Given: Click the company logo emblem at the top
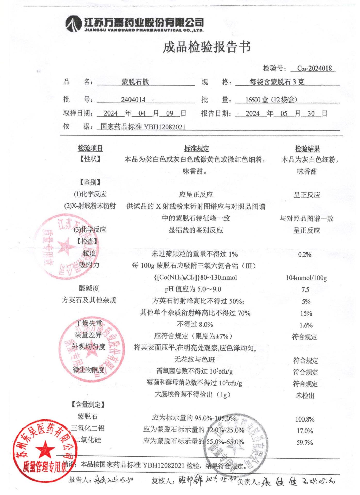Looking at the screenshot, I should (73, 24).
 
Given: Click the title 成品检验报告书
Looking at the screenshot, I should (207, 47).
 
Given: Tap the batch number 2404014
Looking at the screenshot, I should (133, 100).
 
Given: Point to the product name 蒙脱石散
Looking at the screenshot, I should (135, 82).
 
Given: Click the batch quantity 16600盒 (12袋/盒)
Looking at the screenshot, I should (271, 100).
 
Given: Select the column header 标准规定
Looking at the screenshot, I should (196, 148).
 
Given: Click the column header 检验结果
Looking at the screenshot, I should (307, 149).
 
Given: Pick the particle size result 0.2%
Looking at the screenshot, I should (305, 255).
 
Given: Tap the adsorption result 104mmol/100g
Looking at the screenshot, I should (306, 278).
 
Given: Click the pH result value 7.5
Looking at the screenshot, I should (305, 290).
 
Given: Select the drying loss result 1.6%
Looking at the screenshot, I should (306, 325).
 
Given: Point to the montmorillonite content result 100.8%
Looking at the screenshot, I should (305, 419).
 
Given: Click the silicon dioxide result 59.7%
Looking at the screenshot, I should (305, 443).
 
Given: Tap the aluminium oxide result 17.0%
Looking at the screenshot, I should (305, 431).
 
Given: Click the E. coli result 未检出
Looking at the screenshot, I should (305, 395).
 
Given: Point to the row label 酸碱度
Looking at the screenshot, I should (89, 288).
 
